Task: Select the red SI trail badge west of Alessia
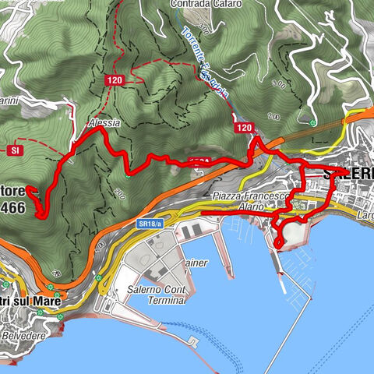[x=15, y=149]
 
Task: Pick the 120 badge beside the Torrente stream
[x=244, y=128]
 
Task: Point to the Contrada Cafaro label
[x=203, y=3]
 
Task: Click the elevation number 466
[x=12, y=208]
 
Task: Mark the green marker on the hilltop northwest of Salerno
[x=312, y=122]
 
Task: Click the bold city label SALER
[x=348, y=172]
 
